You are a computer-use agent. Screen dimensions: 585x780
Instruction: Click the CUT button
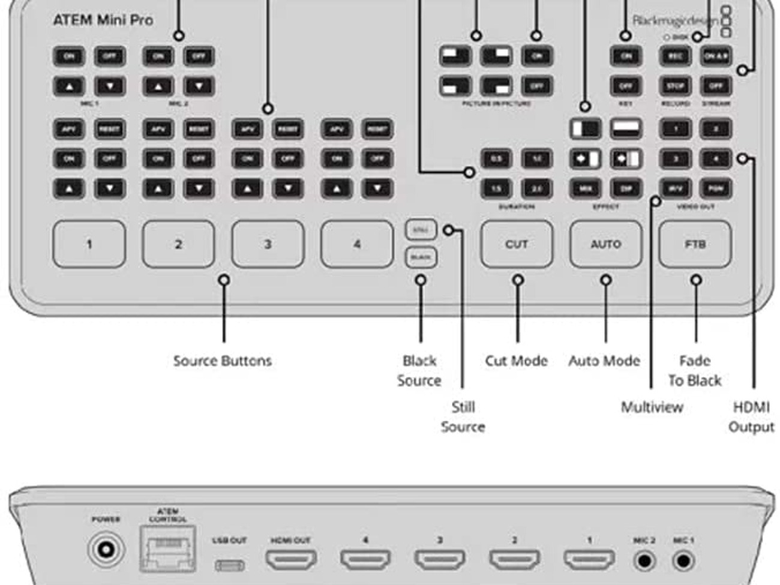[x=516, y=244]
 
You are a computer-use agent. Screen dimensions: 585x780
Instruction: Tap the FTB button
[x=695, y=244]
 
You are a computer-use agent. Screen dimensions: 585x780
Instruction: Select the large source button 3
[x=268, y=244]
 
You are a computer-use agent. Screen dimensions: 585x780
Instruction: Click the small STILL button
[x=421, y=230]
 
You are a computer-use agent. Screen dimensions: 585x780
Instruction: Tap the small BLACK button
[x=421, y=257]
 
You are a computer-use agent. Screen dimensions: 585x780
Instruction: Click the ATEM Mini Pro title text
[x=103, y=20]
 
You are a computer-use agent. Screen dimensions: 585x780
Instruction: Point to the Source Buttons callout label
[x=222, y=361]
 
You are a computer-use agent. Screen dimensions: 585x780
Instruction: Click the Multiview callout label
[x=652, y=407]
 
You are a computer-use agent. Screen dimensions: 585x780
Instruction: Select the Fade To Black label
[x=694, y=370]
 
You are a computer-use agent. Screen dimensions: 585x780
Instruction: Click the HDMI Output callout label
[x=751, y=416]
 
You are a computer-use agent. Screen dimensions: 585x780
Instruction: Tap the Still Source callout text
[x=463, y=416]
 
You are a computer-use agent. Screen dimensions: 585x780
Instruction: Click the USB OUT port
[x=229, y=565]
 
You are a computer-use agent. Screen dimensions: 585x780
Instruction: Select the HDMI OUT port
[x=291, y=560]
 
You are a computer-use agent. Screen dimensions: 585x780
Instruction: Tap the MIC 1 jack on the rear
[x=682, y=561]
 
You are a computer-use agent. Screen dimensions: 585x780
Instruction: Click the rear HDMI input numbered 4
[x=365, y=560]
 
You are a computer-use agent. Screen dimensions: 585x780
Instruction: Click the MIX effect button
[x=585, y=188]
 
